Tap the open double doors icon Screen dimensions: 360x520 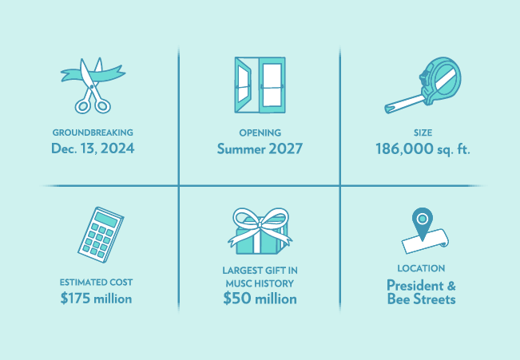click(x=260, y=85)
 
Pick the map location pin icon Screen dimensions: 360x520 click(x=422, y=220)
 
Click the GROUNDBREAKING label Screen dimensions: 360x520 click(x=93, y=133)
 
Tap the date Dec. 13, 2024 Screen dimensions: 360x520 click(x=93, y=148)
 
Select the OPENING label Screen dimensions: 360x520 click(x=260, y=133)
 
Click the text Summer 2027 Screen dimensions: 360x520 click(x=260, y=148)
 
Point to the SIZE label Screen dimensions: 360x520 click(x=422, y=133)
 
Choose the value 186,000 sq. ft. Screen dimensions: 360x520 click(x=422, y=148)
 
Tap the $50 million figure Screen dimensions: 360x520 click(x=260, y=299)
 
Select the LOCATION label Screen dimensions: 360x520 click(x=421, y=268)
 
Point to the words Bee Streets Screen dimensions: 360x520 click(x=421, y=299)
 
